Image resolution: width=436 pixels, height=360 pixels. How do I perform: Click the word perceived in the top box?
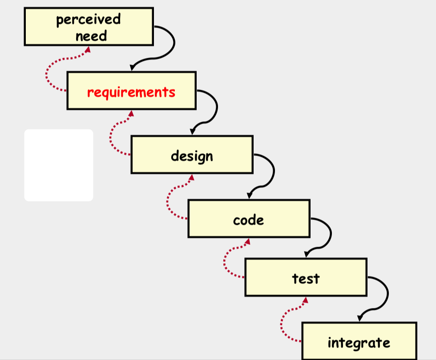click(89, 20)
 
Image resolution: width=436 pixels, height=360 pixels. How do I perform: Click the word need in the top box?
click(91, 36)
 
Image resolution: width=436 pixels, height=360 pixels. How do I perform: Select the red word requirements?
click(131, 92)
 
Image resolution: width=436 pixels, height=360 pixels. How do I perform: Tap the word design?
click(192, 156)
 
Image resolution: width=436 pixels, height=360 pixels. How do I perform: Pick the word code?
click(248, 220)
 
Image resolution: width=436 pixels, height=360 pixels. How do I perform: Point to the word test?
click(306, 278)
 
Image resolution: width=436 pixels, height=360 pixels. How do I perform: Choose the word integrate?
click(359, 343)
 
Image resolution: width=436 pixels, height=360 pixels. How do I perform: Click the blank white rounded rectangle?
click(59, 165)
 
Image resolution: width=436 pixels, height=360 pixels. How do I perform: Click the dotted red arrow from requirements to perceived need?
click(48, 74)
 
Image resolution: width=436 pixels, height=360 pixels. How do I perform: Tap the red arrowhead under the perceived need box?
click(88, 49)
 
